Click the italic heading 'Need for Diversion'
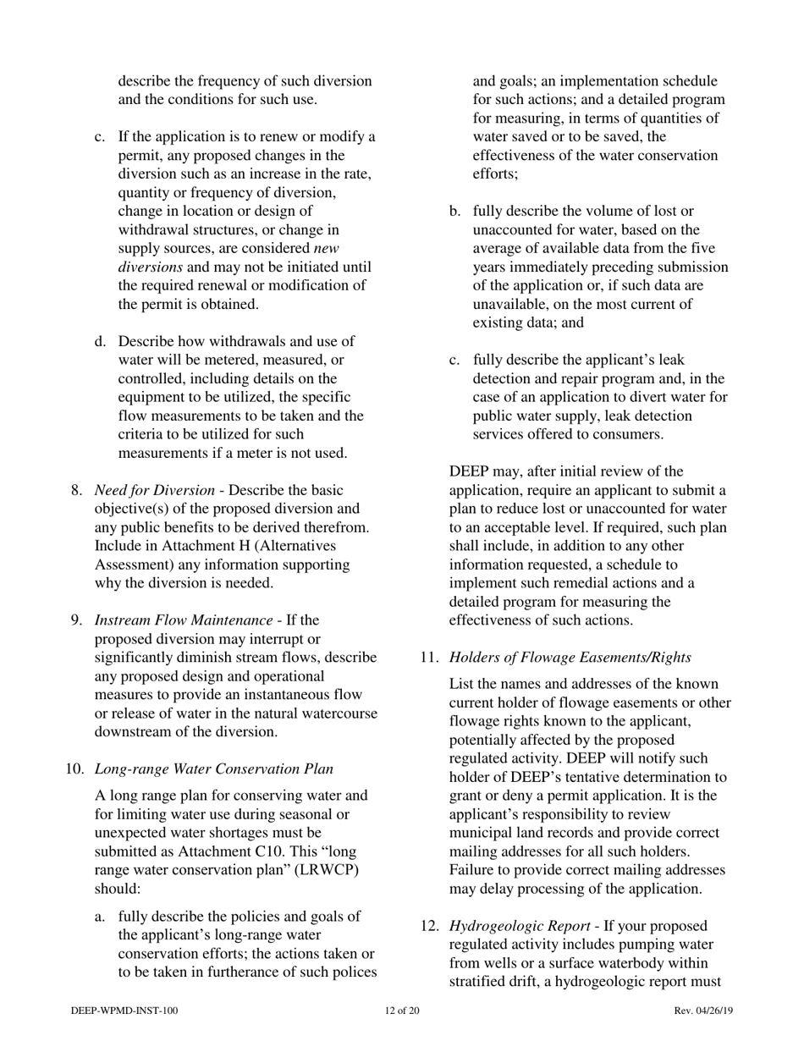154,490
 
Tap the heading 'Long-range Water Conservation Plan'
213,768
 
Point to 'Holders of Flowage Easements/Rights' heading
570,657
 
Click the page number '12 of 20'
402,1011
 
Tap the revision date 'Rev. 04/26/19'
703,1011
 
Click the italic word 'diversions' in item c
150,267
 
